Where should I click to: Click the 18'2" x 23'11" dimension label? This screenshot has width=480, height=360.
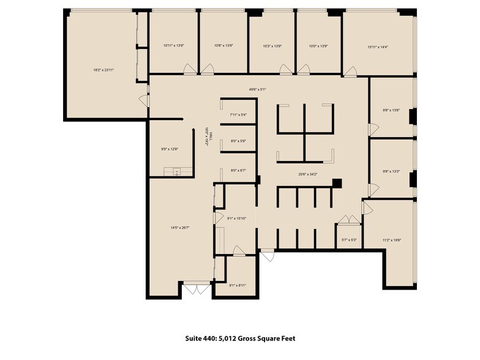pos(104,70)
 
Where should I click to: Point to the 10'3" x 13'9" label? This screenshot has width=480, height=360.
pos(272,46)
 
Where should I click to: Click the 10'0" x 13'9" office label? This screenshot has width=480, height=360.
pos(318,46)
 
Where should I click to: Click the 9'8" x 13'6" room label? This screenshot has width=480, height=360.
pos(391,111)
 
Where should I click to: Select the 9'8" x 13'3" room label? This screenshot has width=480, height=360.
pos(391,171)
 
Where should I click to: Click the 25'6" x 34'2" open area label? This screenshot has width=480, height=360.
pos(308,174)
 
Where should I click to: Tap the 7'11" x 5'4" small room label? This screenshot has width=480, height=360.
pos(238,114)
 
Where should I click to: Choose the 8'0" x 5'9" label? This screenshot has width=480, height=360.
pos(238,141)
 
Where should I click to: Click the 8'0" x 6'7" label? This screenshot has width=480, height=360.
pos(238,171)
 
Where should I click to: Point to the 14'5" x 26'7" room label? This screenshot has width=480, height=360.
pos(179,228)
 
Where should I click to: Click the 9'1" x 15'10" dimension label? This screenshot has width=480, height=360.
pos(236,219)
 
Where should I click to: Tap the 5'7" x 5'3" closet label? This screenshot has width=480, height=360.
pos(350,241)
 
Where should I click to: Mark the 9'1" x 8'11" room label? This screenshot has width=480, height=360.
pos(238,285)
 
